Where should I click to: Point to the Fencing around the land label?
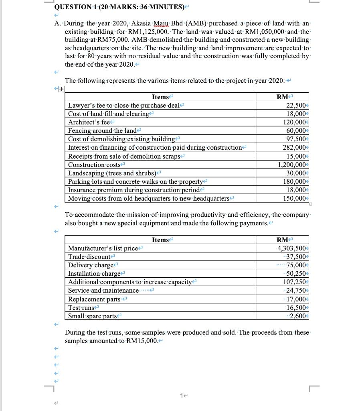102,130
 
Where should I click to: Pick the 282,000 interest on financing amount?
295,147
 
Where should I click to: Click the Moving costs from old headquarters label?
148,198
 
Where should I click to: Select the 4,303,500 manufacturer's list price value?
292,248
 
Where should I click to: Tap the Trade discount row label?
89,256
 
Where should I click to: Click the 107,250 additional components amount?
295,282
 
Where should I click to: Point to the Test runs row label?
81,307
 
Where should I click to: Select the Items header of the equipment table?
160,240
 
